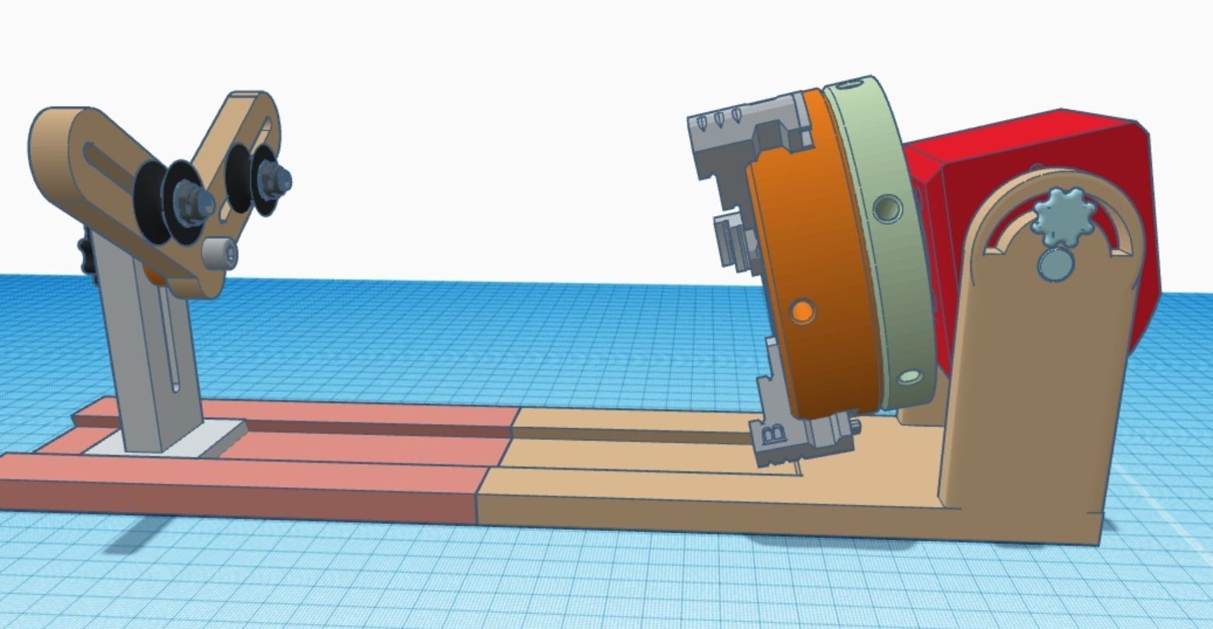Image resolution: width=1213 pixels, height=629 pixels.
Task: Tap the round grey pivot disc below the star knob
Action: (x=1056, y=263)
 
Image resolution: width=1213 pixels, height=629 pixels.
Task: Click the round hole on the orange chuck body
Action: (x=802, y=312)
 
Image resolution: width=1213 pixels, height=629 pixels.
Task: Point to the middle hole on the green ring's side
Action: (x=887, y=208)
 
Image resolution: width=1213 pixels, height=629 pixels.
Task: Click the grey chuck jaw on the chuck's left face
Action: (x=728, y=238)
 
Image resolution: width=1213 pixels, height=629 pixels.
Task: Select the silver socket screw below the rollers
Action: (x=219, y=253)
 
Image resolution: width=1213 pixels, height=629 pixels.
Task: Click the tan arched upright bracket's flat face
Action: (x=1028, y=390)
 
